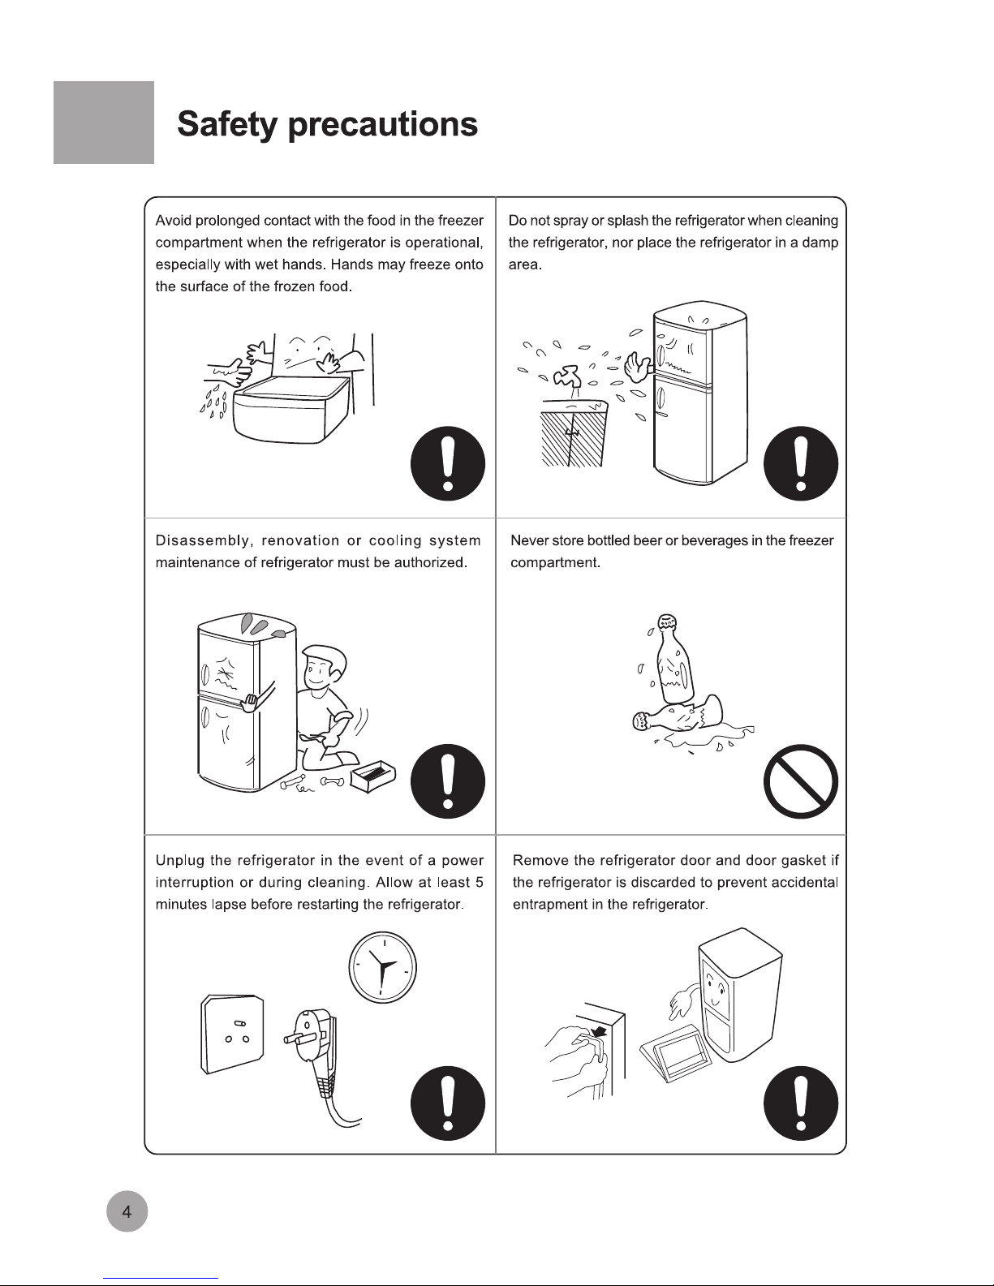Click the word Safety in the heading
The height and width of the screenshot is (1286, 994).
(x=226, y=124)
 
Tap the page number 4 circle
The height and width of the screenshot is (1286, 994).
(x=127, y=1211)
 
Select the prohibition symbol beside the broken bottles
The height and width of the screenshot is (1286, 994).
(x=801, y=781)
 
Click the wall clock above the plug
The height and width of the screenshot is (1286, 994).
(x=382, y=967)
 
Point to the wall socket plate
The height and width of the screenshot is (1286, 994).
(x=232, y=1034)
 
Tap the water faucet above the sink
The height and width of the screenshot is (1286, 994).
(x=567, y=377)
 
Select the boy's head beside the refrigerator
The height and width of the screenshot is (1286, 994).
(x=323, y=668)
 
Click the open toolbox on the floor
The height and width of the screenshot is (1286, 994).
(x=372, y=776)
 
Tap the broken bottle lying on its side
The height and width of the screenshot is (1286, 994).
(x=678, y=716)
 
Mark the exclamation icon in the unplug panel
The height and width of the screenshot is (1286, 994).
(x=447, y=1103)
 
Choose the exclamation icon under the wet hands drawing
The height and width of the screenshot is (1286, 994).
(x=447, y=463)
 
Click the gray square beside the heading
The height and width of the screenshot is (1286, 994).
(x=104, y=123)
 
